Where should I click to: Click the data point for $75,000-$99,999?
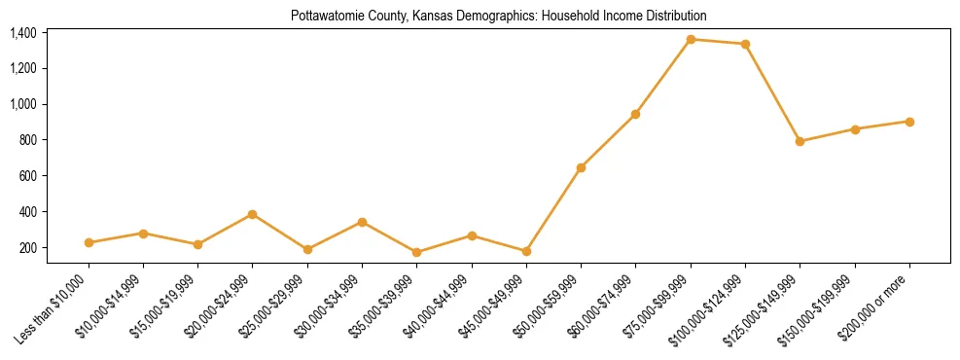[691, 39]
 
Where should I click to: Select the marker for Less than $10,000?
[89, 242]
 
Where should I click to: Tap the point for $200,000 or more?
[909, 122]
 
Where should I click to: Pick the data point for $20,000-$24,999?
[253, 214]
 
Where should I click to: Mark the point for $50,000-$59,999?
[581, 167]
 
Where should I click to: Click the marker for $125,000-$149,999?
[800, 141]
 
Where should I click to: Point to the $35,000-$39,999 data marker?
[417, 252]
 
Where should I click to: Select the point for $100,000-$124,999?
[745, 44]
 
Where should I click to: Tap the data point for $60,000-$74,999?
[635, 114]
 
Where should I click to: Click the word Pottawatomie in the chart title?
[323, 17]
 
